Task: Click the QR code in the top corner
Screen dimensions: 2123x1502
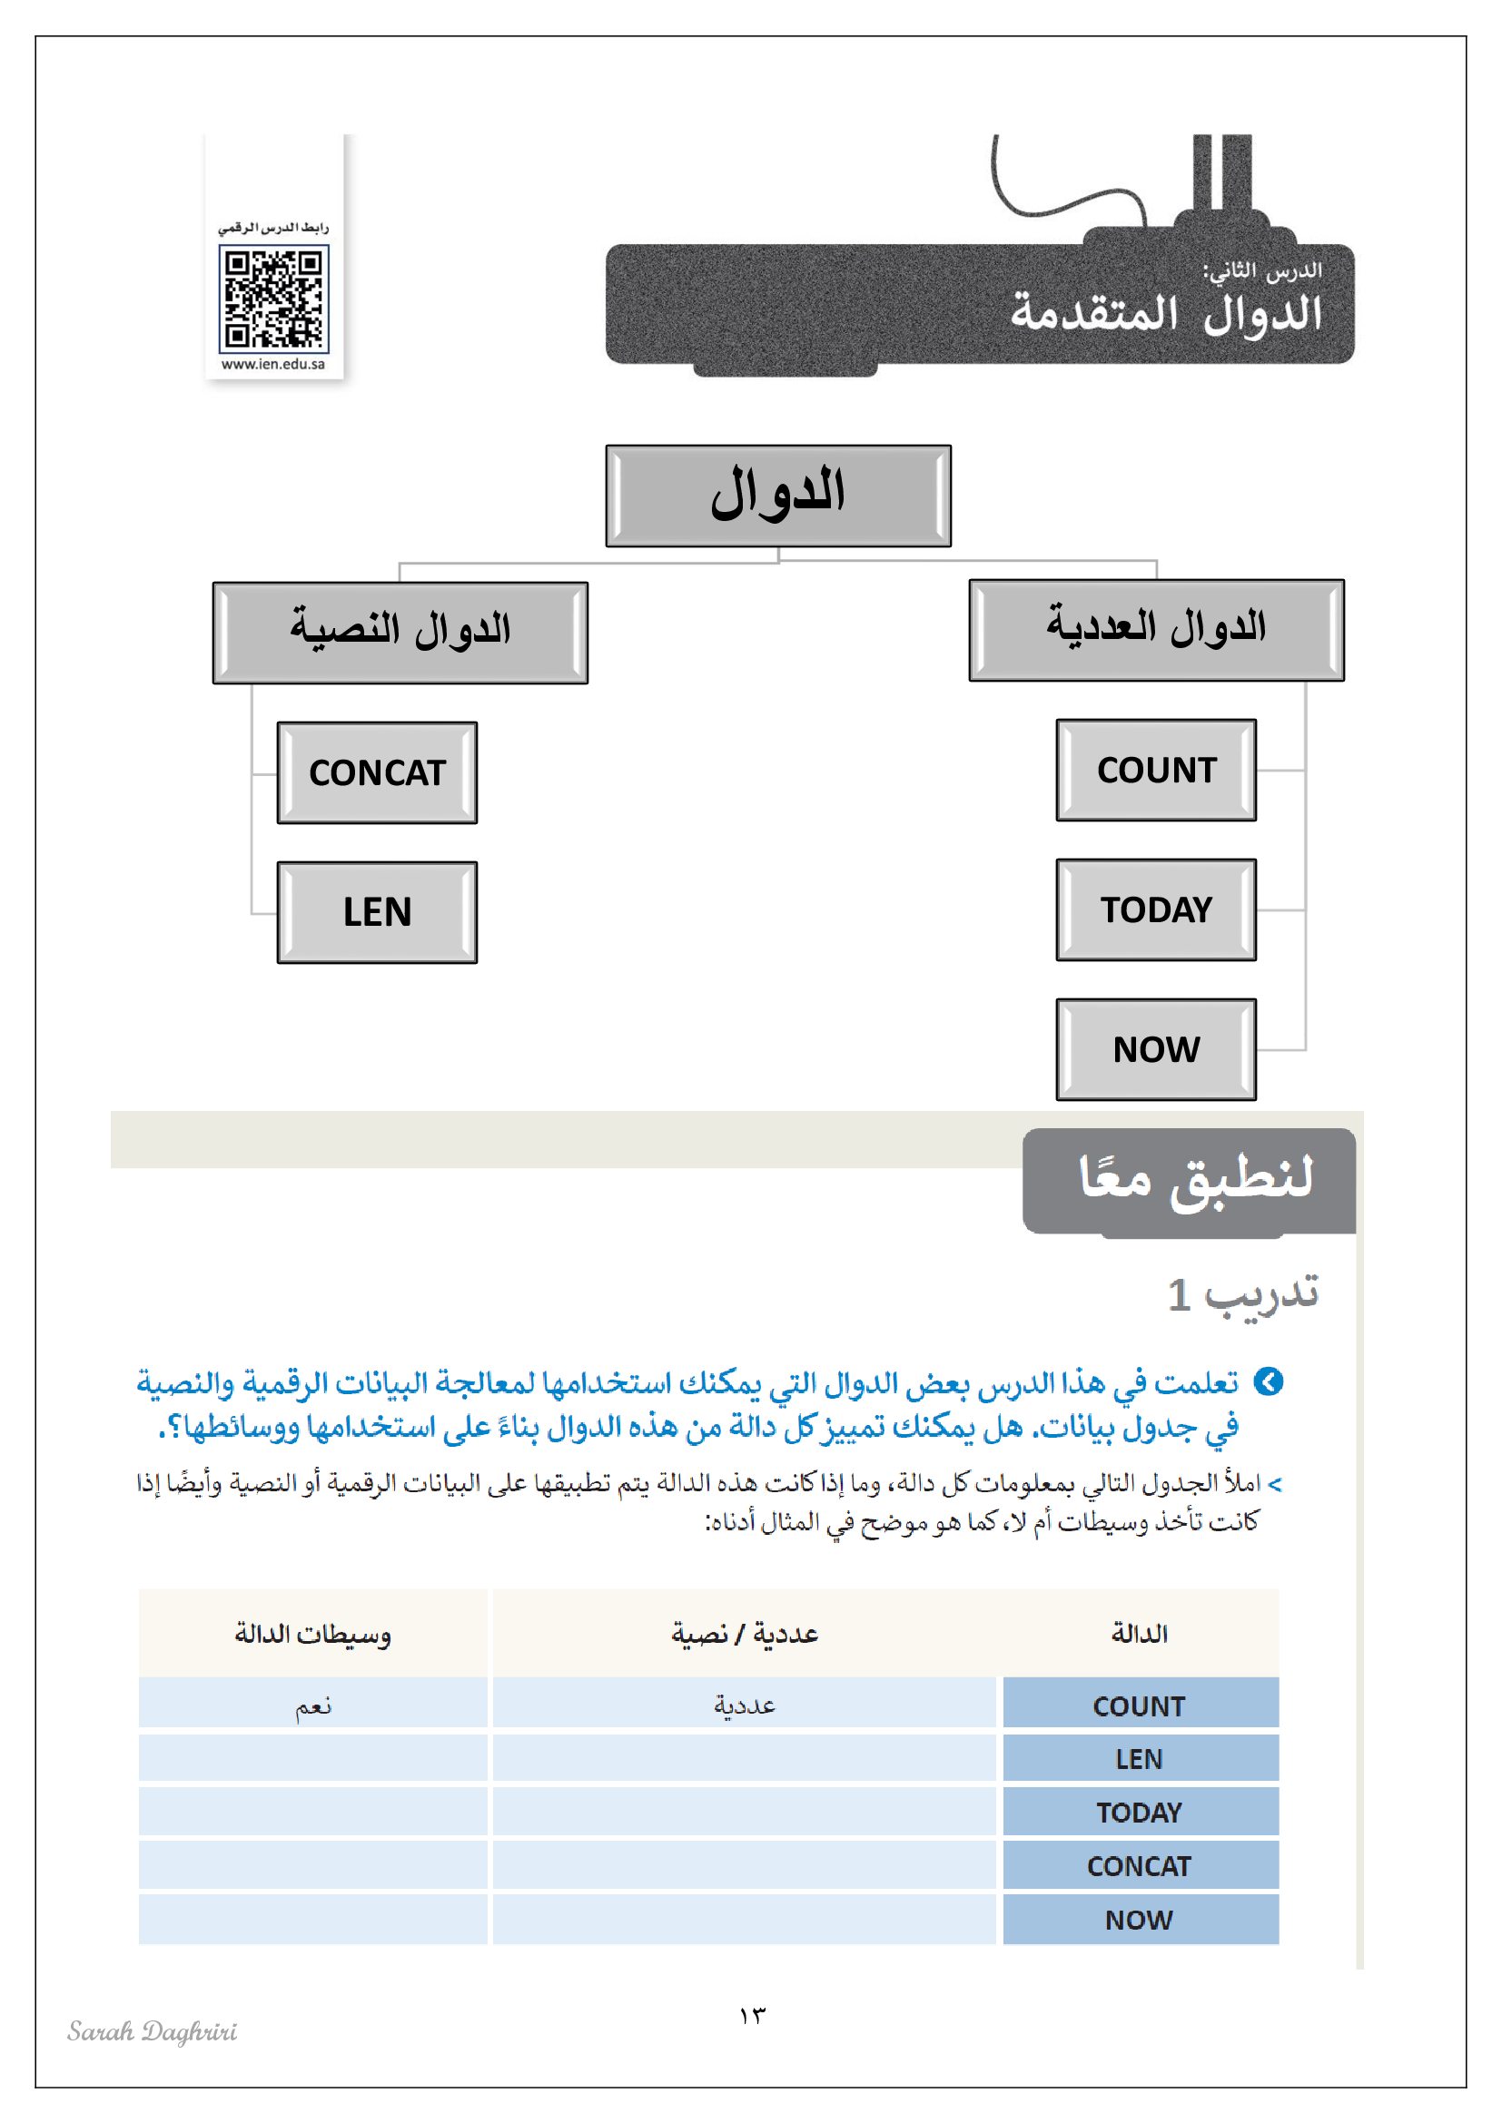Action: (273, 299)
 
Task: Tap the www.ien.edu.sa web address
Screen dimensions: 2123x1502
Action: (273, 364)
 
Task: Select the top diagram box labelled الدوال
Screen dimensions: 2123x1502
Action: (778, 496)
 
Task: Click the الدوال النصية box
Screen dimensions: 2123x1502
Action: (400, 633)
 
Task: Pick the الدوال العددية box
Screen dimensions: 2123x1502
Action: (1156, 630)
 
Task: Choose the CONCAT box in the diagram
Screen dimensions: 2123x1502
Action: (378, 773)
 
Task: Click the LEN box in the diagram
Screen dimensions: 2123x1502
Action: (378, 912)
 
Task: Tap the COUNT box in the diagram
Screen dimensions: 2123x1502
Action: (1156, 771)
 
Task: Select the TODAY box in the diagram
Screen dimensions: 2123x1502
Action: (1156, 909)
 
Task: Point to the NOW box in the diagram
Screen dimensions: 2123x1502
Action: (1156, 1049)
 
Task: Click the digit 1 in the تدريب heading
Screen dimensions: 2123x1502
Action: (1179, 1295)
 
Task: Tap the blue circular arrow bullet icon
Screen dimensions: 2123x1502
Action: (1268, 1382)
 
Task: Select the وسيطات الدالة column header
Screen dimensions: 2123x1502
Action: (312, 1634)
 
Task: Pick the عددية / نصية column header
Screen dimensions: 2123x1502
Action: (745, 1634)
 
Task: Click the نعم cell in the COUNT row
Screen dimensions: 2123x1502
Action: (312, 1705)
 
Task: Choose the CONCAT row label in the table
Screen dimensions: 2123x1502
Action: (1140, 1866)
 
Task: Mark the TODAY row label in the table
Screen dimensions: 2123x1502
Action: (1140, 1813)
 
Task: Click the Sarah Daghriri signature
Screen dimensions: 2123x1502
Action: (152, 2031)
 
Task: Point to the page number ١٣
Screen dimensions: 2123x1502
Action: (752, 2016)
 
